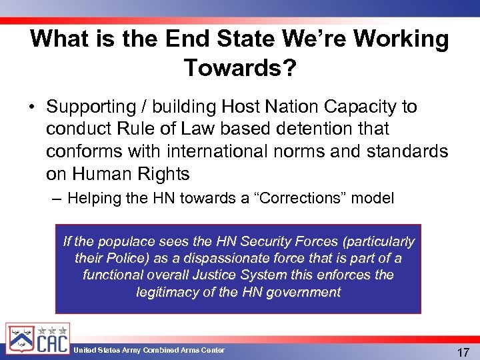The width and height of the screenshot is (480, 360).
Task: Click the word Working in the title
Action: click(x=401, y=39)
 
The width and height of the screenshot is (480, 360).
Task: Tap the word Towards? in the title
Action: click(x=240, y=67)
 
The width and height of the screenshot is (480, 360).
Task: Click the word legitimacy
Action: click(x=167, y=292)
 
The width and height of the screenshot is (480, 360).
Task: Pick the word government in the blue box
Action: click(x=305, y=292)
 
